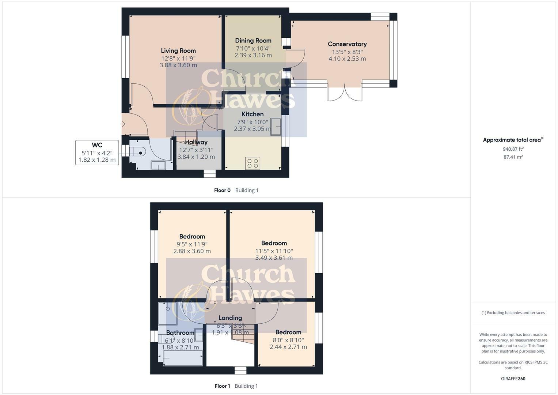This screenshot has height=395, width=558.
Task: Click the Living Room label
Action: coord(178,51)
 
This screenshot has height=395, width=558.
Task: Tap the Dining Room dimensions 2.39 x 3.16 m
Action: coord(253,55)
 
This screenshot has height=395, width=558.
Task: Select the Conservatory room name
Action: coord(347,44)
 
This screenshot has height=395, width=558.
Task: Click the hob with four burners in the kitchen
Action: coord(253,163)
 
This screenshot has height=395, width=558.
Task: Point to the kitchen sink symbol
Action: coord(276,127)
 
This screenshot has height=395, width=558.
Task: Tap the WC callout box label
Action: coord(97,145)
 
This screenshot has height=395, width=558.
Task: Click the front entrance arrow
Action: coord(123,124)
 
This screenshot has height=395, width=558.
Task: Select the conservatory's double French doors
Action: coord(344,93)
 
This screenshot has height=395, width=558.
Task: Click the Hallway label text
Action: coord(196,142)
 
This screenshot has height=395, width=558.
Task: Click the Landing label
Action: coord(230,318)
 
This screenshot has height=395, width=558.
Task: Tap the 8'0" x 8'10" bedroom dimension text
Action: coord(288,340)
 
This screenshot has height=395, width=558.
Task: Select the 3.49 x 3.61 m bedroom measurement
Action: coord(274,258)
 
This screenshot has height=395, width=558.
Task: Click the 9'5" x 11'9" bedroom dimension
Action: coord(192,244)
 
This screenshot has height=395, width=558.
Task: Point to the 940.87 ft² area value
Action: coord(513,149)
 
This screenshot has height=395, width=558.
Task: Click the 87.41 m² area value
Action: coord(513,157)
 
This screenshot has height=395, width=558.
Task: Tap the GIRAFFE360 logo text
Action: coord(513,379)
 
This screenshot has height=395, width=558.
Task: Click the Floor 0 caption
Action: coord(222,190)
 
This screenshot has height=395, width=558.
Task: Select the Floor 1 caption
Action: coord(222,386)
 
